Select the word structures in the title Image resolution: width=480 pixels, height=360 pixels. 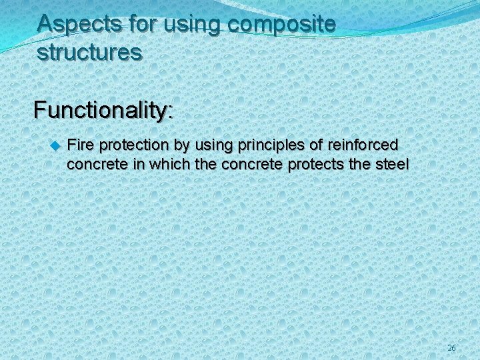(89, 52)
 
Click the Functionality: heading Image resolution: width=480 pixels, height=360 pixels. (103, 109)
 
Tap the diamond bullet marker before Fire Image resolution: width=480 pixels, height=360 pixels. (55, 144)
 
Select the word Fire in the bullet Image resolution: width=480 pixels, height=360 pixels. (81, 144)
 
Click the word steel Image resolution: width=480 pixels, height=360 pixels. (393, 163)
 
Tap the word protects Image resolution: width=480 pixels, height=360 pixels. (314, 163)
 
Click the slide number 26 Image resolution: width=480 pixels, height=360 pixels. (451, 348)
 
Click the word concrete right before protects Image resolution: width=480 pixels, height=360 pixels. (256, 163)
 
